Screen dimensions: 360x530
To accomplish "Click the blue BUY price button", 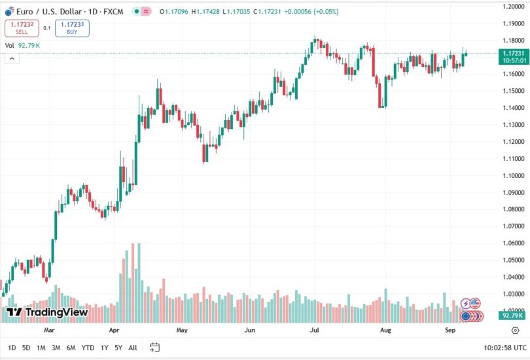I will pyautogui.click(x=72, y=28).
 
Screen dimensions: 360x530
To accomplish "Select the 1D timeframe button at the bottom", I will pyautogui.click(x=12, y=348).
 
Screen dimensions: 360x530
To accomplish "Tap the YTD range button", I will pyautogui.click(x=88, y=348).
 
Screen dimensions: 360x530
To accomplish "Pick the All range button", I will pyautogui.click(x=133, y=348).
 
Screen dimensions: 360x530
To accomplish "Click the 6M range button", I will pyautogui.click(x=71, y=348).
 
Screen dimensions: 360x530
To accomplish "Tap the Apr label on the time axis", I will pyautogui.click(x=115, y=331).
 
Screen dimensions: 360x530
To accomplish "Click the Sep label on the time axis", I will pyautogui.click(x=450, y=331).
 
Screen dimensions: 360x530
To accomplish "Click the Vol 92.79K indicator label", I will pyautogui.click(x=23, y=45).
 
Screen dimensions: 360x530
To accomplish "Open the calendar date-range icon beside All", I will pyautogui.click(x=154, y=348).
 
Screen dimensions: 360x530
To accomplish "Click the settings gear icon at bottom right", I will pyautogui.click(x=516, y=331).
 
